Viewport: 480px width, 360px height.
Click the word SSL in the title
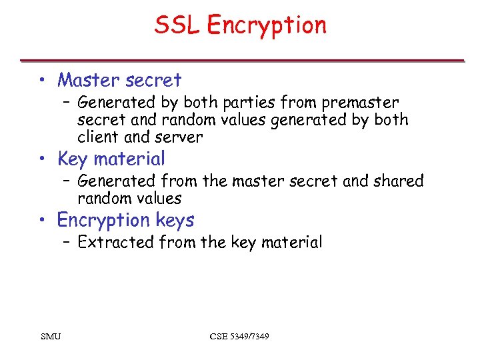tap(177, 25)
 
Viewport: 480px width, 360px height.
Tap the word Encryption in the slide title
tap(267, 26)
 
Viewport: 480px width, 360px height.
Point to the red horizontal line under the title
tap(239, 61)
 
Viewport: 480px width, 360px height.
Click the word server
tap(179, 137)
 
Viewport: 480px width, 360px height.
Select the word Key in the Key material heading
tap(73, 159)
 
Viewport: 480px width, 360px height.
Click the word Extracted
tap(116, 243)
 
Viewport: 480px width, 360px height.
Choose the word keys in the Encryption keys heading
tap(174, 221)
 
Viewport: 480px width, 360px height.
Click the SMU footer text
tap(51, 336)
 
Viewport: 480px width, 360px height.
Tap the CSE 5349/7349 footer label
tap(239, 336)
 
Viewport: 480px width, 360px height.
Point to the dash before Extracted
tap(68, 243)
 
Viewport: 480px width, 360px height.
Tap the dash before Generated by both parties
tap(68, 103)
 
